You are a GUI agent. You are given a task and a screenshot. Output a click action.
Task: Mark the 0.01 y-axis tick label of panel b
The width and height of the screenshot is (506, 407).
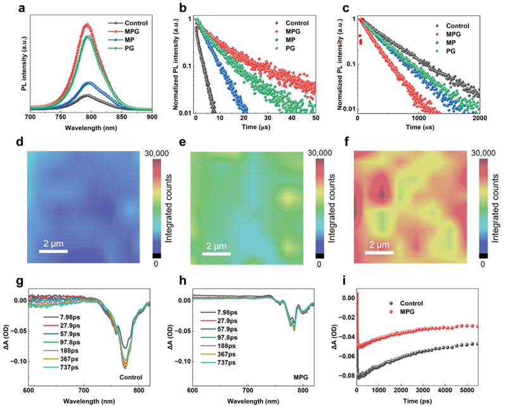[184, 113]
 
